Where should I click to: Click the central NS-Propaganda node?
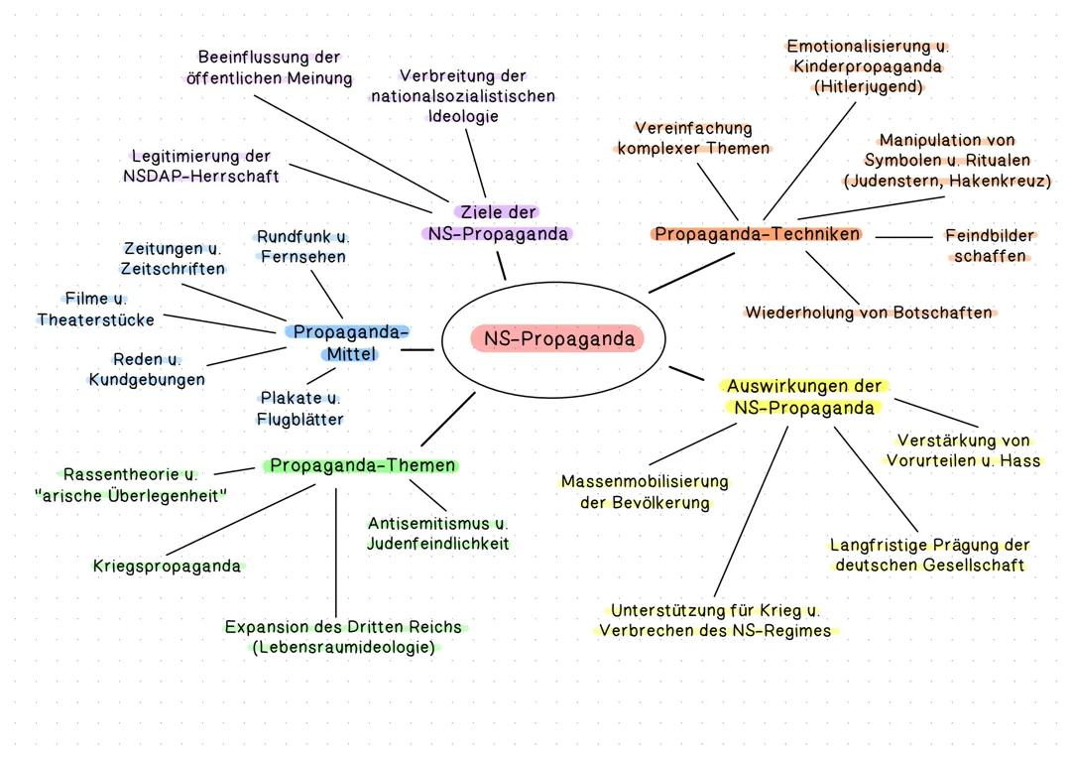point(557,339)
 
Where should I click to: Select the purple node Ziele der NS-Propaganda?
point(498,223)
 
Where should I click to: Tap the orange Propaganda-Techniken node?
point(758,234)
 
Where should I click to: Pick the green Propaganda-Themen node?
point(362,465)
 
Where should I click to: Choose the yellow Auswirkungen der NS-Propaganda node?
point(804,397)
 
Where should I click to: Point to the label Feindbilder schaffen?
point(989,246)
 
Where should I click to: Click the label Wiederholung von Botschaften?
point(870,313)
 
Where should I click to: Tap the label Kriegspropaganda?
point(167,567)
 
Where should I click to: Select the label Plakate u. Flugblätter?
point(299,408)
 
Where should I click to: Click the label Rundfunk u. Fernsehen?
point(302,247)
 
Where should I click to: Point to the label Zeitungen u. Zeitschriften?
point(173,259)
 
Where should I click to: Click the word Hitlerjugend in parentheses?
point(868,87)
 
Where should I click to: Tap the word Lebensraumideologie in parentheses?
point(344,647)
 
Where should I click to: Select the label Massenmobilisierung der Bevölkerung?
point(645,492)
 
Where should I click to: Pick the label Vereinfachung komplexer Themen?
point(693,138)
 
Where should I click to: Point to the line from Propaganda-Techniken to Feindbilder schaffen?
point(903,237)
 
